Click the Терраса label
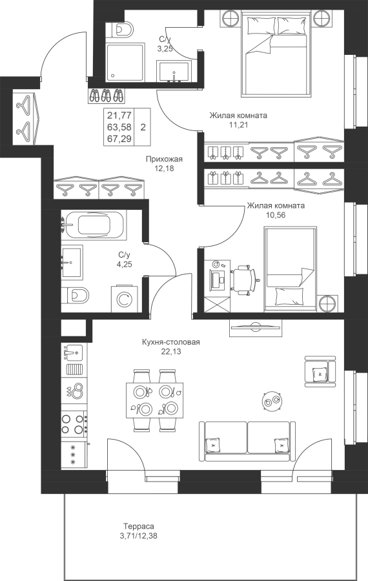click(x=139, y=525)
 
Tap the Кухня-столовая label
click(x=171, y=342)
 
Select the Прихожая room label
click(x=164, y=159)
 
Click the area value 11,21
click(x=238, y=125)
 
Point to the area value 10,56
click(x=276, y=215)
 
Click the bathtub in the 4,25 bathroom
click(x=94, y=225)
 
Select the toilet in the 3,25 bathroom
click(x=119, y=29)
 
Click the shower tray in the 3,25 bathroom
click(x=125, y=62)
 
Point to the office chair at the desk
click(x=244, y=280)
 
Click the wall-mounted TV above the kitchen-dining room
click(x=255, y=327)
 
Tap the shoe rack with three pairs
click(x=107, y=96)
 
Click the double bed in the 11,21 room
click(x=276, y=54)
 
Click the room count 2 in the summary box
click(x=143, y=127)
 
